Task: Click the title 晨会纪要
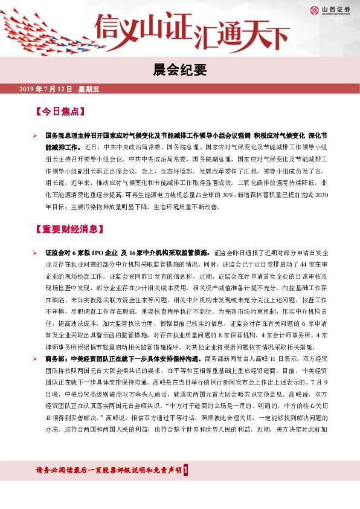(179, 71)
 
